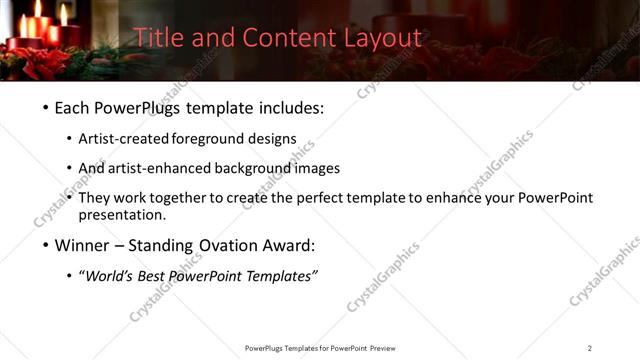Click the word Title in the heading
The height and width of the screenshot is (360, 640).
157,38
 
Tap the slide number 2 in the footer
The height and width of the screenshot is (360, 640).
589,348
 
